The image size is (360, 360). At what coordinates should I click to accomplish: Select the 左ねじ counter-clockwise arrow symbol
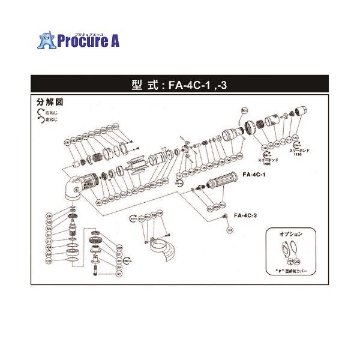pos(40,119)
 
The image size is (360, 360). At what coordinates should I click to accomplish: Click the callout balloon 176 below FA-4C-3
pos(229,230)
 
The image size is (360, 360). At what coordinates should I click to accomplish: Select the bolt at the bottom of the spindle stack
pos(96,269)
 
